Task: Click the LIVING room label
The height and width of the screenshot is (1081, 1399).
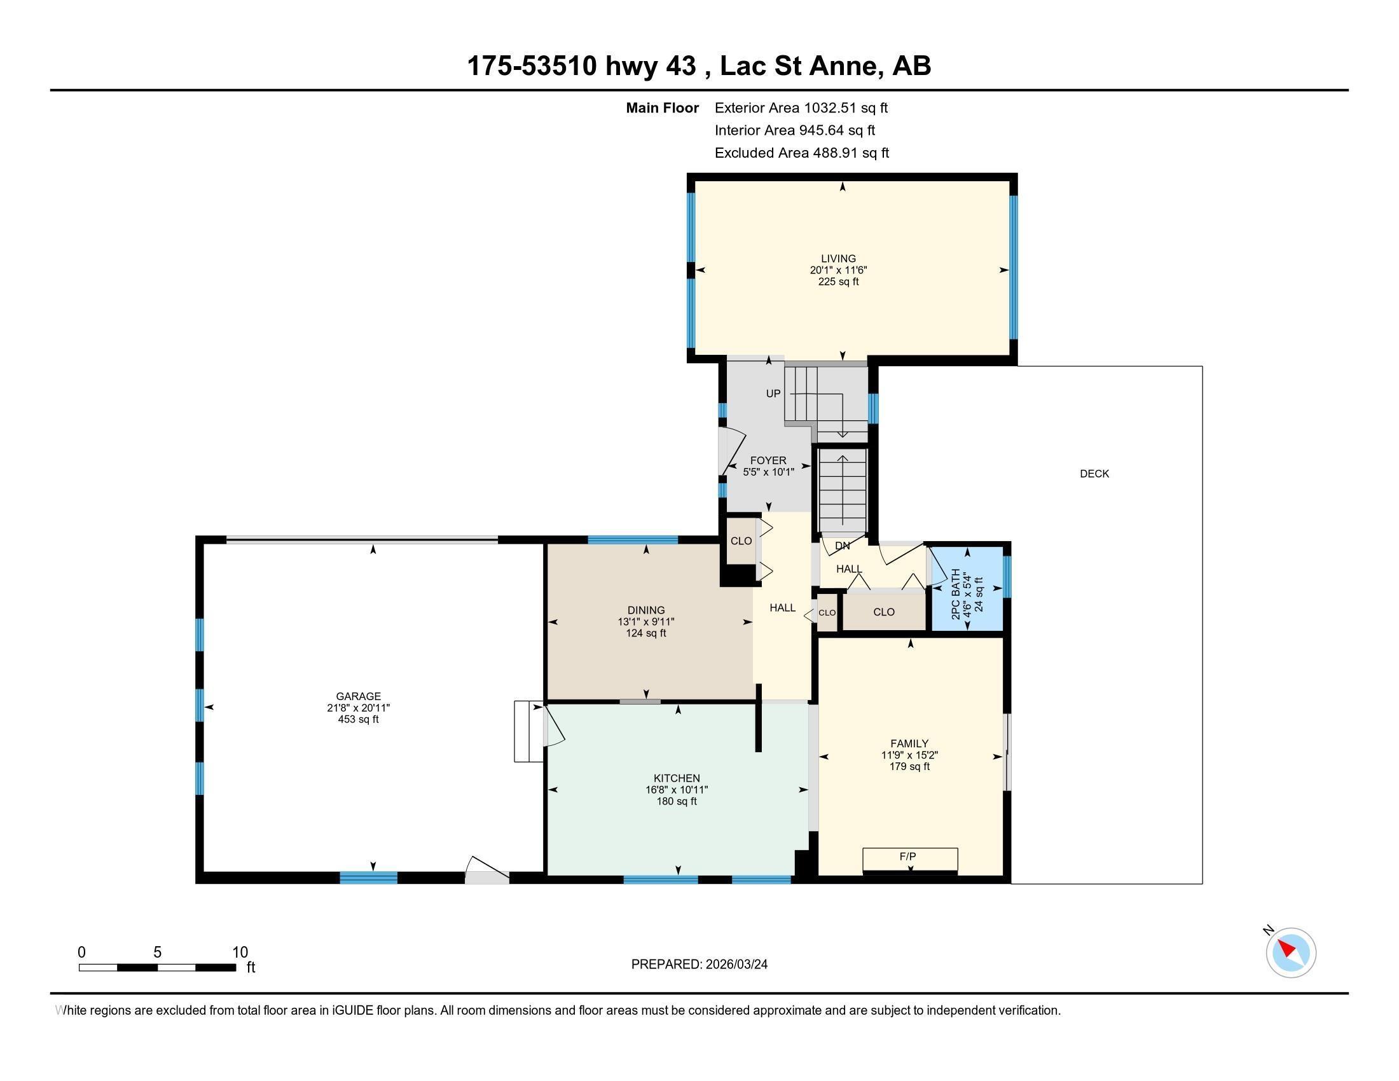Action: tap(838, 259)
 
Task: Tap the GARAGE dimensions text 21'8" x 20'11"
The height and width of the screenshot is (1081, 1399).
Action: tap(358, 708)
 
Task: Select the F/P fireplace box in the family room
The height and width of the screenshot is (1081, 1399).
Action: tap(909, 858)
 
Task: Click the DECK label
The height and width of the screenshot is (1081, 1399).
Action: tap(1094, 474)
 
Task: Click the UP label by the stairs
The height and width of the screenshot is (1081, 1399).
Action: tap(773, 394)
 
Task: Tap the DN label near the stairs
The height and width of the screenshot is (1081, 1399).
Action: tap(843, 546)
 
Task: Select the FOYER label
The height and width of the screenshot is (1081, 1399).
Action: tap(768, 460)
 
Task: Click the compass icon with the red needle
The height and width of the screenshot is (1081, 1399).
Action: tap(1291, 953)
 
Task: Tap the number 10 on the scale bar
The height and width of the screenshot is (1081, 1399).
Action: tap(240, 952)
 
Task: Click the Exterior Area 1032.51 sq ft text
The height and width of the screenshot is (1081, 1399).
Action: tap(801, 107)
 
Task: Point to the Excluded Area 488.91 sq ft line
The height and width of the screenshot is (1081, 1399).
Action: tap(801, 153)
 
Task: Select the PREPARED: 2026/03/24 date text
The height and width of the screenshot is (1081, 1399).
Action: tap(699, 965)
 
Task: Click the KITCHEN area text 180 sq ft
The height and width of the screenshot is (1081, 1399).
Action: tap(677, 801)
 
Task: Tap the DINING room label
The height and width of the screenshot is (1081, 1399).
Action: tap(645, 610)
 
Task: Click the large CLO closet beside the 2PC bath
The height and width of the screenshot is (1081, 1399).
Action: tap(883, 612)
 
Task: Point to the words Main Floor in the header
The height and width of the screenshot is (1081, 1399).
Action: tap(662, 107)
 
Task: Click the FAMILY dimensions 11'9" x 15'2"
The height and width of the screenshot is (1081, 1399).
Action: tap(909, 755)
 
